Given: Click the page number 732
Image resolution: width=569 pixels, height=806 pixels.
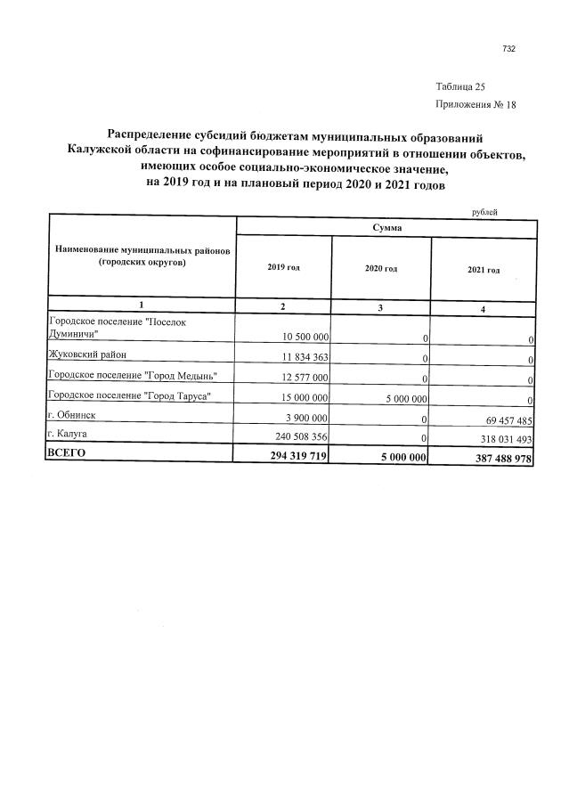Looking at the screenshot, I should [x=508, y=49].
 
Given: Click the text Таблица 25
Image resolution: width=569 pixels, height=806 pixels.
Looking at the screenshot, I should [x=460, y=87].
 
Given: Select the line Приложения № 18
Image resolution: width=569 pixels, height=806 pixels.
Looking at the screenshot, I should [x=476, y=104].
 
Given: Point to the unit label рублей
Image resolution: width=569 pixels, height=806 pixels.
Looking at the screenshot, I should [x=484, y=211].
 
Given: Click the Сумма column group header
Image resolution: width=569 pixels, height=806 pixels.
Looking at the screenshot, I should [x=386, y=228].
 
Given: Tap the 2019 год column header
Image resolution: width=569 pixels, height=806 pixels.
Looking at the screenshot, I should [x=283, y=268].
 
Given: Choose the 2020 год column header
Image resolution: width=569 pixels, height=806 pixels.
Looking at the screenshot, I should [x=380, y=269].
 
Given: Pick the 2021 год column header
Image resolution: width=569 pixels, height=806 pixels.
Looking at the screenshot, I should [x=484, y=270].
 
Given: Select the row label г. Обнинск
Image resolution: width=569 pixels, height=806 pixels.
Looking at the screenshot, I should [x=74, y=414].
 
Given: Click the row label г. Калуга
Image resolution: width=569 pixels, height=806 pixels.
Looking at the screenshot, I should [x=71, y=434].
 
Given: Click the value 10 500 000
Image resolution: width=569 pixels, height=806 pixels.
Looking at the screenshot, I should [x=305, y=338].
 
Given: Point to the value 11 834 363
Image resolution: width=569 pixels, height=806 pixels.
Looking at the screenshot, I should [x=305, y=358].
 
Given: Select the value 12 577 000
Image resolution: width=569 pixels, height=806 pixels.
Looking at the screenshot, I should [x=305, y=379].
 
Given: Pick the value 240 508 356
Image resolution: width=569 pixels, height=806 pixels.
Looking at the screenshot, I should [x=300, y=437].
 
